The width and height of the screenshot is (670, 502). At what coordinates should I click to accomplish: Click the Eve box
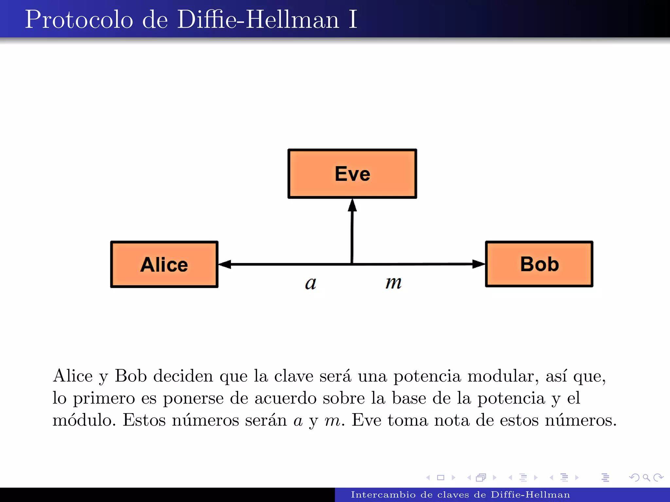pyautogui.click(x=352, y=174)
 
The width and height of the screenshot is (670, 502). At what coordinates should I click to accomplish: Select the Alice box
pyautogui.click(x=164, y=264)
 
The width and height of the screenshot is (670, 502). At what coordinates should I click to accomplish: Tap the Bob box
pyautogui.click(x=539, y=264)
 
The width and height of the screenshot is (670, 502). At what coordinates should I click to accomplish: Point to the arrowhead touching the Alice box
pyautogui.click(x=225, y=264)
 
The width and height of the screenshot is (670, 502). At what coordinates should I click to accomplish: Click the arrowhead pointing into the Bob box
pyautogui.click(x=478, y=264)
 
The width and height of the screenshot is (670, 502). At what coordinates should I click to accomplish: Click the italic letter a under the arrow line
pyautogui.click(x=310, y=283)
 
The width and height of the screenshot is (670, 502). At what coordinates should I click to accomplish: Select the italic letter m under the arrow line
pyautogui.click(x=393, y=282)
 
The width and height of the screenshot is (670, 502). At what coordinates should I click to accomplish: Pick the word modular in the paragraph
pyautogui.click(x=503, y=376)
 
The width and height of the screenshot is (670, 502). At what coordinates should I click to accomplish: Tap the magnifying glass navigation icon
pyautogui.click(x=646, y=478)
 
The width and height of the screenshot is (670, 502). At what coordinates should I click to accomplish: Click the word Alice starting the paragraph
pyautogui.click(x=73, y=376)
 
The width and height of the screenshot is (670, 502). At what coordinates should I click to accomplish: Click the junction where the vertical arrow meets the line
pyautogui.click(x=352, y=264)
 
